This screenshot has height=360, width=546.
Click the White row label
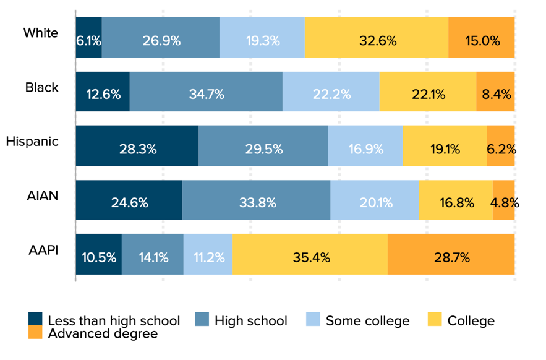(x=41, y=33)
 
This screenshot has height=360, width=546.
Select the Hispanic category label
(x=32, y=141)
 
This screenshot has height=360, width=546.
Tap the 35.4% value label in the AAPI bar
(x=310, y=257)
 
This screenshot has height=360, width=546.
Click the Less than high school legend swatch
(x=36, y=320)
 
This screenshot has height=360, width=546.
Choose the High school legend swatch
(x=202, y=320)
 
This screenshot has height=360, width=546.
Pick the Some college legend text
(x=367, y=320)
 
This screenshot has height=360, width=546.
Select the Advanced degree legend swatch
(x=36, y=333)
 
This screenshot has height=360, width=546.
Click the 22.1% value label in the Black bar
(x=427, y=95)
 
